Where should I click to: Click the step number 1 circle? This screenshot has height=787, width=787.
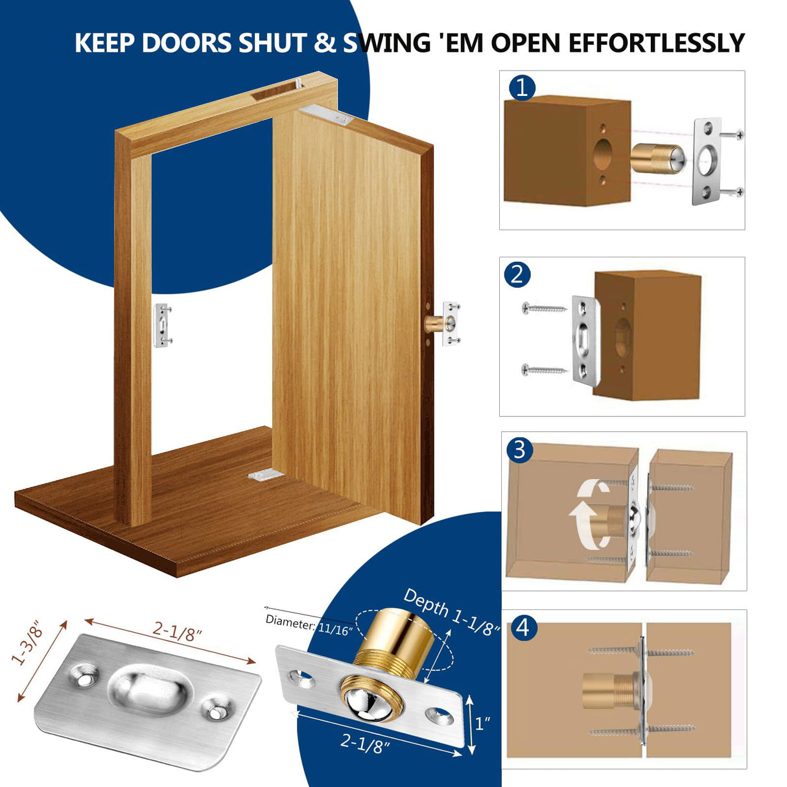[x=523, y=87]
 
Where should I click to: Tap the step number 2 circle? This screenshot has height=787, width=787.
[x=517, y=274]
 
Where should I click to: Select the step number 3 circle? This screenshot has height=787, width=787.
[x=519, y=449]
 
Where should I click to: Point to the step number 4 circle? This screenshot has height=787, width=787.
[x=524, y=628]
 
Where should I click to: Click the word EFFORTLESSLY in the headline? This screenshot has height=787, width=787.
[x=656, y=43]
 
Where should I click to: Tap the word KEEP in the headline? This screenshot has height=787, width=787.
[x=105, y=43]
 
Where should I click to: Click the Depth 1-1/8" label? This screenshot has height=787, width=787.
[x=451, y=613]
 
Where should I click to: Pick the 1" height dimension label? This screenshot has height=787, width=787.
[x=482, y=723]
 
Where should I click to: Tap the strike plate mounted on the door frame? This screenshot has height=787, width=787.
[x=163, y=324]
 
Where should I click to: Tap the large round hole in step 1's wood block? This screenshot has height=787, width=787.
[x=604, y=155]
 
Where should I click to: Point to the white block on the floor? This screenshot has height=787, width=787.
[x=265, y=475]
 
